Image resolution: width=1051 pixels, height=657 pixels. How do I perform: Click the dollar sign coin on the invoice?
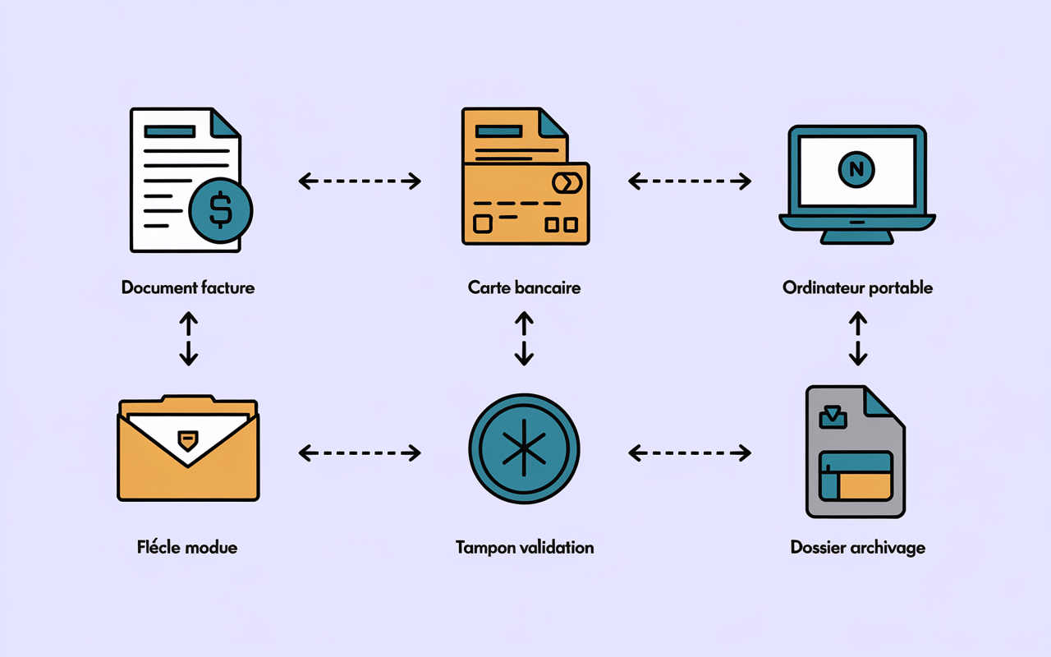coord(220,211)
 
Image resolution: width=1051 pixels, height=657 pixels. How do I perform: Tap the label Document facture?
coord(188,287)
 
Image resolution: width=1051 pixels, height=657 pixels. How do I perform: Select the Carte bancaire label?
coord(524,287)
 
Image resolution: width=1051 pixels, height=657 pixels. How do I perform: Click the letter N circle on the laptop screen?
coord(857,169)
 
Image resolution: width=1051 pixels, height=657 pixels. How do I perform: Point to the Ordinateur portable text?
coord(857,287)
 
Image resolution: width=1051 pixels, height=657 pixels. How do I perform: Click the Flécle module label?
coord(187,547)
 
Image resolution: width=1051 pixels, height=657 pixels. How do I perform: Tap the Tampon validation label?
coord(524,547)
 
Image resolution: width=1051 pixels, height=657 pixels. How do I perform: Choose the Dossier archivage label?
coord(857,547)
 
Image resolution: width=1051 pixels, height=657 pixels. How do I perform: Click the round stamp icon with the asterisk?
coord(524,451)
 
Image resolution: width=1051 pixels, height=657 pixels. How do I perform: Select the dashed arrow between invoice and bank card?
coord(360,181)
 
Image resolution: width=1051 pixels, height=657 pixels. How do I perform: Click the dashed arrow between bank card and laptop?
coord(690,181)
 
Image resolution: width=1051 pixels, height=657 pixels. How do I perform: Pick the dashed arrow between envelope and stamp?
coord(360,452)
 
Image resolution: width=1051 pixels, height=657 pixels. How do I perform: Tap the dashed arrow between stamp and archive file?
coord(690,452)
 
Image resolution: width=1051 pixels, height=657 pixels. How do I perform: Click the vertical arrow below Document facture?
coord(188,338)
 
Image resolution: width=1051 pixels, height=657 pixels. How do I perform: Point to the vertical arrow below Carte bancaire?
coord(524,338)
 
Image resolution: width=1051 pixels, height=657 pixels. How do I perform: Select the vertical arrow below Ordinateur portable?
coord(857,338)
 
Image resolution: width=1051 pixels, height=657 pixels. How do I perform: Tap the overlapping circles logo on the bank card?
coord(567,181)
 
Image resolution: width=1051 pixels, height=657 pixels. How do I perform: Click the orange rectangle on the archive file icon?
coord(865,486)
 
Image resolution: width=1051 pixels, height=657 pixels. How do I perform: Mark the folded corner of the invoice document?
coord(224,122)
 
